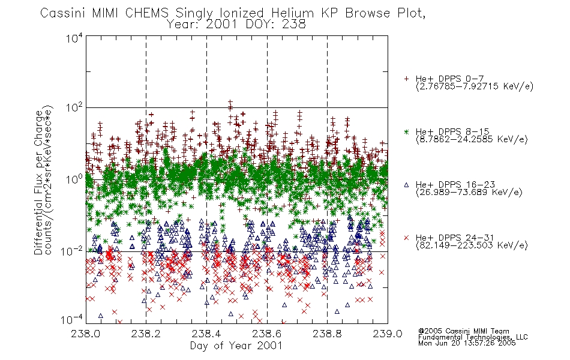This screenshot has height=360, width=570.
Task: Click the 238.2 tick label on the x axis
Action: coord(146,334)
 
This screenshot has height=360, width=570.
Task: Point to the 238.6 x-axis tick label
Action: coord(267,334)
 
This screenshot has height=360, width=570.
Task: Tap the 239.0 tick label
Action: coord(388,334)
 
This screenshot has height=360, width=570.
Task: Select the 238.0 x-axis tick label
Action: coord(85,334)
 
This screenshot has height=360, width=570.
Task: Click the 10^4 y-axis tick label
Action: coord(74,38)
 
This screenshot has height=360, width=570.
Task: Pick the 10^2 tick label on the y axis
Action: coord(74,108)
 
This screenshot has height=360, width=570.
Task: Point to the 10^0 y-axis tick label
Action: coord(74,179)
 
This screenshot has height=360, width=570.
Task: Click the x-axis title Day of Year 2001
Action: coord(236,346)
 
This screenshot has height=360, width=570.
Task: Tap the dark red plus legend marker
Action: coord(406,79)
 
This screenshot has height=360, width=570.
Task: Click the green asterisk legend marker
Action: coord(406,131)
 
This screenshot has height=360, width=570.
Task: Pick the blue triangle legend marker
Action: coord(406,185)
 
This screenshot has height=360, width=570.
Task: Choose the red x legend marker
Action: coord(406,238)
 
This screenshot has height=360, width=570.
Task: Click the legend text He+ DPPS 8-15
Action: coord(452,131)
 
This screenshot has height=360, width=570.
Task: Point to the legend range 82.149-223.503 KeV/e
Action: coord(472,245)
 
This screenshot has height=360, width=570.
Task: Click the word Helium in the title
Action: coord(293,13)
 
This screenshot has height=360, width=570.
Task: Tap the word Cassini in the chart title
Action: coord(62,13)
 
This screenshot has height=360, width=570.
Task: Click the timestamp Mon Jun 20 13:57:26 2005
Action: coord(467,343)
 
